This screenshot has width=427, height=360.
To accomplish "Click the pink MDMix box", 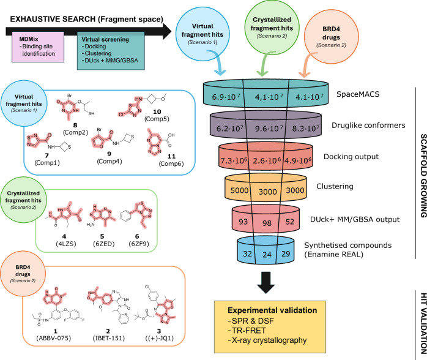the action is click(x=38, y=47).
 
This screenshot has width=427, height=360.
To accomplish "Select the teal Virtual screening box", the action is click(x=111, y=51).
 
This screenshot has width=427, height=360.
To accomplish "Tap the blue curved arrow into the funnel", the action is click(x=218, y=62).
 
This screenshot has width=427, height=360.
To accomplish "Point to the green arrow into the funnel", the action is click(x=264, y=65).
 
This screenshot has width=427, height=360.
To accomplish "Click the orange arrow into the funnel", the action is click(x=307, y=66).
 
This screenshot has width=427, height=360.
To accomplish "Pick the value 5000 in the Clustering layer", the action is click(x=239, y=190).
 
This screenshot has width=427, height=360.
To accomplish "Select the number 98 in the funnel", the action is click(x=267, y=223).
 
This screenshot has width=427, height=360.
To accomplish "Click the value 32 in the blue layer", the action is click(x=247, y=253).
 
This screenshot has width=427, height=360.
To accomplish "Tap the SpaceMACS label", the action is click(x=358, y=94).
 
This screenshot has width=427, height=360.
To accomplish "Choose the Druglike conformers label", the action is click(x=368, y=126).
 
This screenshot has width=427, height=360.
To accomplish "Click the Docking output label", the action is click(x=351, y=157).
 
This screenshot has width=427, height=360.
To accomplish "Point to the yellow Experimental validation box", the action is click(x=270, y=327).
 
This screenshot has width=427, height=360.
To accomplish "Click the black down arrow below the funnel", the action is click(x=265, y=283).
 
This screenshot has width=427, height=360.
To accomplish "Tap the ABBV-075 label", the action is click(x=54, y=338).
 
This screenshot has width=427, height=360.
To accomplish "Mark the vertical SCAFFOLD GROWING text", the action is click(x=423, y=176).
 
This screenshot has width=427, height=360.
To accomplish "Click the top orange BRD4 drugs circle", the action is click(x=331, y=37).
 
